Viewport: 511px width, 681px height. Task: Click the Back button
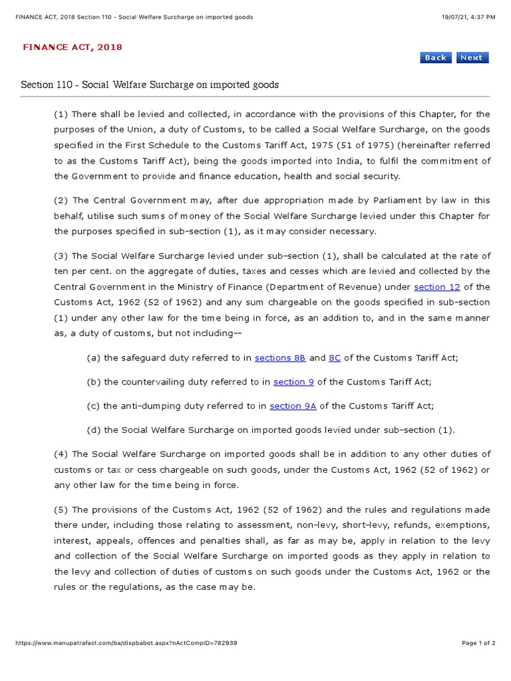pyautogui.click(x=436, y=58)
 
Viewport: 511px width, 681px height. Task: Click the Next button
pyautogui.click(x=471, y=58)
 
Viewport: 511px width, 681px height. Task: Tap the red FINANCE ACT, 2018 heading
pyautogui.click(x=73, y=47)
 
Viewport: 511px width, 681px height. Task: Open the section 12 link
pyautogui.click(x=436, y=287)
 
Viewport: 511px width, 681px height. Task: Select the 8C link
pyautogui.click(x=335, y=358)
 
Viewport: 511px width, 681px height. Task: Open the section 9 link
pyautogui.click(x=293, y=382)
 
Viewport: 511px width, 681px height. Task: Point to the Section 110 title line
pyautogui.click(x=150, y=85)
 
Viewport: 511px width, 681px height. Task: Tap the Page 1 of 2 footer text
pyautogui.click(x=478, y=643)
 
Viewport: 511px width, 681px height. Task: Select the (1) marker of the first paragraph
pyautogui.click(x=61, y=114)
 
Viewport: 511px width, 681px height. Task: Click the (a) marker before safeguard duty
pyautogui.click(x=94, y=358)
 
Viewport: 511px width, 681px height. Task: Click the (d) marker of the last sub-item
pyautogui.click(x=94, y=430)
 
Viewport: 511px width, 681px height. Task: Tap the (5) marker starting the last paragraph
pyautogui.click(x=61, y=510)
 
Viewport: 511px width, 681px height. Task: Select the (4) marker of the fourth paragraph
pyautogui.click(x=61, y=454)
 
